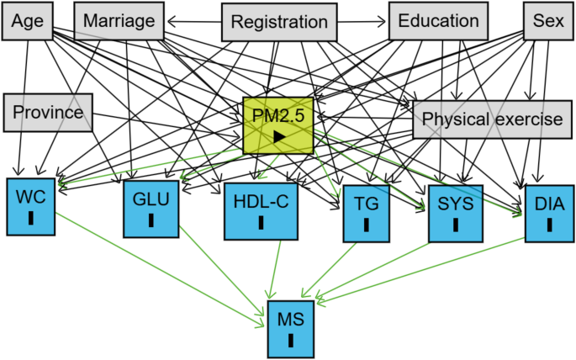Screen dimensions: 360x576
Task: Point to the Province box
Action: pyautogui.click(x=47, y=113)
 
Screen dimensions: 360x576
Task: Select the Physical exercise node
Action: pyautogui.click(x=491, y=119)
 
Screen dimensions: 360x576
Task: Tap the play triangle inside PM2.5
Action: pyautogui.click(x=278, y=135)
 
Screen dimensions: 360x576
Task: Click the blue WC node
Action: pyautogui.click(x=31, y=204)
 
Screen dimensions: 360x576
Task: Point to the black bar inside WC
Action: pyautogui.click(x=31, y=219)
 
